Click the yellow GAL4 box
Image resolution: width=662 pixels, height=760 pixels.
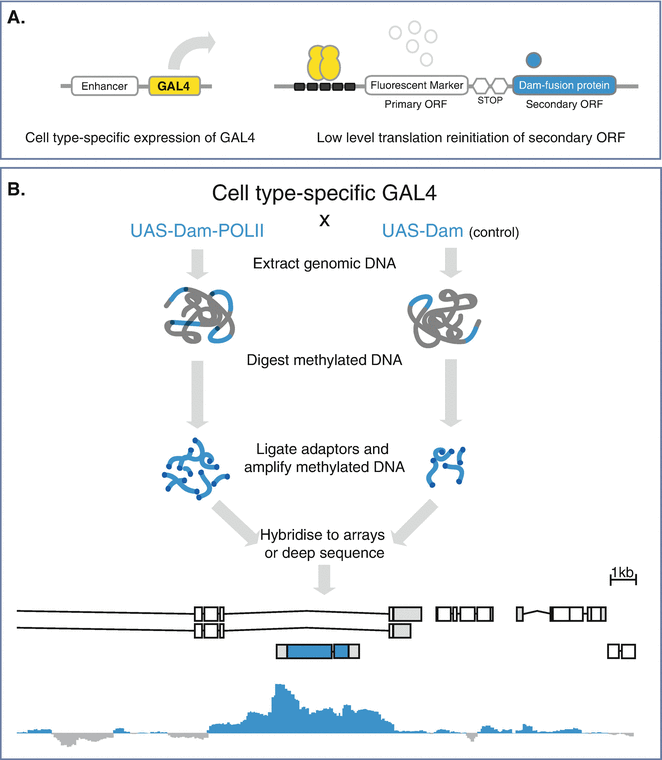174,86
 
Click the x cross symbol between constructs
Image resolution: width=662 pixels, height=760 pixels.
323,219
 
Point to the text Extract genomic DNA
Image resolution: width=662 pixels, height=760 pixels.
324,263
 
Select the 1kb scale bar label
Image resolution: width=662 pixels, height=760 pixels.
622,573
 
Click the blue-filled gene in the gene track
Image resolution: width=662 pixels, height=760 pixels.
318,651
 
